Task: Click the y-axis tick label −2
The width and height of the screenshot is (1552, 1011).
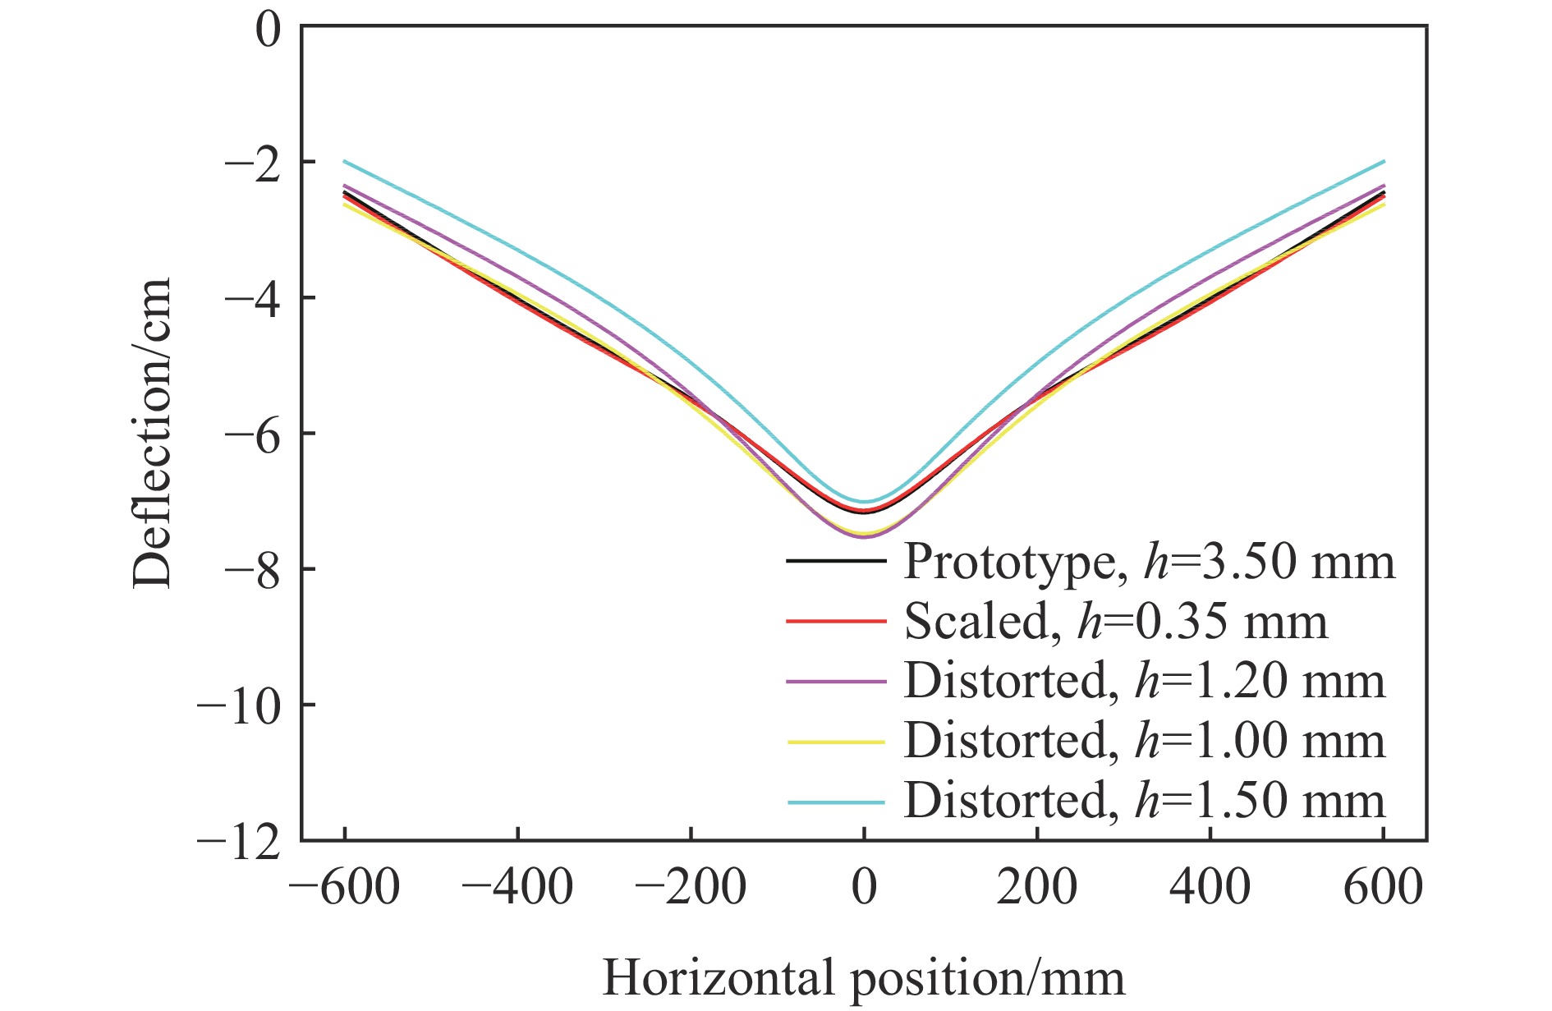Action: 251,162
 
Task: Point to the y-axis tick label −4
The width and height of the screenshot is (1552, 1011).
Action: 251,297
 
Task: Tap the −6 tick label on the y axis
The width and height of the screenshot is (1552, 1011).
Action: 251,433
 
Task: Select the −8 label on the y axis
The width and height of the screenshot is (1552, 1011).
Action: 251,568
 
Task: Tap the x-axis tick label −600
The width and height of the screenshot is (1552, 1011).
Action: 345,888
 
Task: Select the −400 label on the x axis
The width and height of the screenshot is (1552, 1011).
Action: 517,888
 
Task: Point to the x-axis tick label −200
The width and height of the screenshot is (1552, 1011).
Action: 691,888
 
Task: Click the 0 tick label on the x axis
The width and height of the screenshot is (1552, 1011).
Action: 864,888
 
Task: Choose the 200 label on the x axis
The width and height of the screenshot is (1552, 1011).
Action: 1037,888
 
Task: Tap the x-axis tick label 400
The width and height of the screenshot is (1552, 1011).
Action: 1210,888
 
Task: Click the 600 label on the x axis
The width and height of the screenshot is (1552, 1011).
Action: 1384,888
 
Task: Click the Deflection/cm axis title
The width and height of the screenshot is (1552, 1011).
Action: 153,433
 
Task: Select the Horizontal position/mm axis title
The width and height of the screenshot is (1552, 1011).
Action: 864,978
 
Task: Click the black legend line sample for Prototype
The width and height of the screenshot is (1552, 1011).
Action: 836,562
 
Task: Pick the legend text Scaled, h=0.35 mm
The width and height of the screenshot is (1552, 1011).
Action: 1115,622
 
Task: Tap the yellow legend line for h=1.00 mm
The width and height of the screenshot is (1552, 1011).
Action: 836,742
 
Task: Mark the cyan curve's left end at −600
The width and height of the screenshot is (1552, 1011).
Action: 345,162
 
